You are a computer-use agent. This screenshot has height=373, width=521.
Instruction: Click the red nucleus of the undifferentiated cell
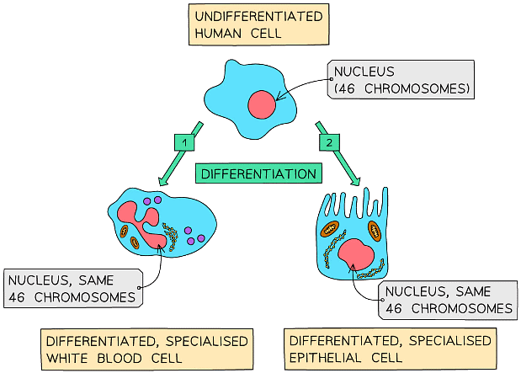pos(261,105)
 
